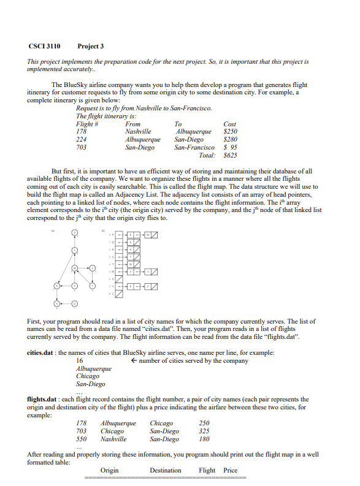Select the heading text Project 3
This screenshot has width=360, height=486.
pyautogui.click(x=91, y=47)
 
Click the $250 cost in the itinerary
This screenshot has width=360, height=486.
pyautogui.click(x=230, y=132)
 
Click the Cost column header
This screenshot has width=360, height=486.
pyautogui.click(x=231, y=124)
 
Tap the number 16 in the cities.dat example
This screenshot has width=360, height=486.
pyautogui.click(x=80, y=361)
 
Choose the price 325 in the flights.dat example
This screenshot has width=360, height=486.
pyautogui.click(x=205, y=431)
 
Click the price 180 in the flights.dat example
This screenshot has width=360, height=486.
pyautogui.click(x=205, y=439)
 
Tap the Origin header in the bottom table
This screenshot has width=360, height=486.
pyautogui.click(x=110, y=471)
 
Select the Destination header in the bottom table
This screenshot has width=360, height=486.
pyautogui.click(x=166, y=471)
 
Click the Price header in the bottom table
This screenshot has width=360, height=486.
pyautogui.click(x=231, y=471)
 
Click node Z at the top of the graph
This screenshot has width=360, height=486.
pyautogui.click(x=74, y=232)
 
